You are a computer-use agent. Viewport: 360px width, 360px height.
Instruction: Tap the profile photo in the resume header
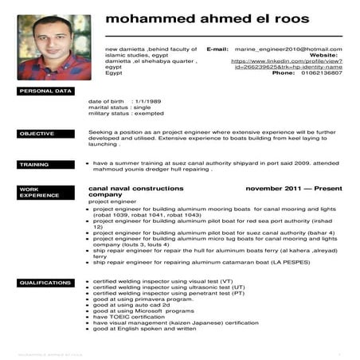pyautogui.click(x=55, y=47)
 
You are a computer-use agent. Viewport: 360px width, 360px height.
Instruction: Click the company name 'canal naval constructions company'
pyautogui.click(x=135, y=191)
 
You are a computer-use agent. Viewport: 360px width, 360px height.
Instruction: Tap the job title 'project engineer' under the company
pyautogui.click(x=111, y=202)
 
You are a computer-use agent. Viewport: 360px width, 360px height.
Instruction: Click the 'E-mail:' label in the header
pyautogui.click(x=217, y=49)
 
